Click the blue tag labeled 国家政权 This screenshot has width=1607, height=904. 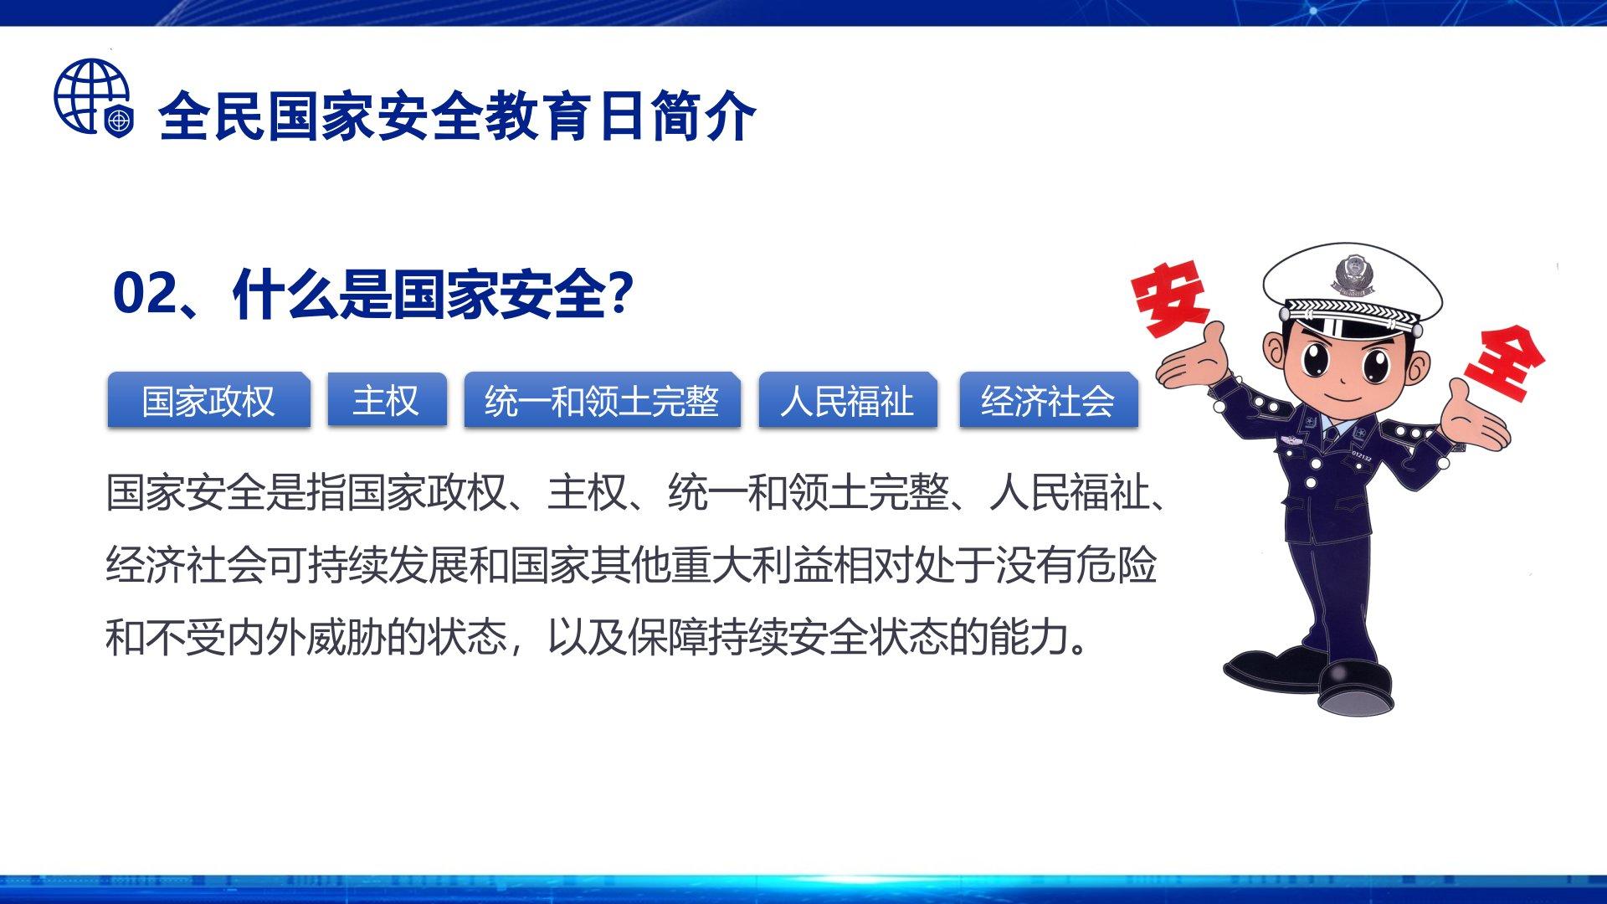(x=208, y=401)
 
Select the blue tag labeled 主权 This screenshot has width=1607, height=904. (x=386, y=400)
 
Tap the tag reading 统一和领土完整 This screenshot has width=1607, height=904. (x=602, y=401)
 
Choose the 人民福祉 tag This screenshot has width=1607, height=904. (x=847, y=401)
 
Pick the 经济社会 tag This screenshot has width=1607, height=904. (x=1048, y=401)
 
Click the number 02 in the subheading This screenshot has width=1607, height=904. (x=145, y=294)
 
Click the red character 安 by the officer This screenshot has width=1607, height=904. (x=1170, y=297)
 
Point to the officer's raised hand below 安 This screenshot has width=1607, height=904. (x=1191, y=361)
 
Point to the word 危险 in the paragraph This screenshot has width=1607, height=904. (x=1117, y=565)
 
